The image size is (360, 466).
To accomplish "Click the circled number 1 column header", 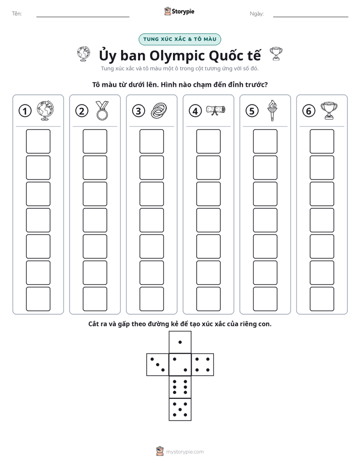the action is tap(25, 111).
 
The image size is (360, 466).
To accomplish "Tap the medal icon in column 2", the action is tap(102, 110).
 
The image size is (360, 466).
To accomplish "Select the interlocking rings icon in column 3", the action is tap(159, 111).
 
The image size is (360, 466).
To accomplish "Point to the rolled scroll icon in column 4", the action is tap(216, 110).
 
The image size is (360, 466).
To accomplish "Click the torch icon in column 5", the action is tap(272, 110).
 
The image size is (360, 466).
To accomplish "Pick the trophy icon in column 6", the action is tap(329, 111).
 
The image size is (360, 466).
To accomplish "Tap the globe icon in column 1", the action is tap(45, 110).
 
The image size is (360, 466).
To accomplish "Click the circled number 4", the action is tap(195, 111).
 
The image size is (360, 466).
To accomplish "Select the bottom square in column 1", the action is tap(38, 299).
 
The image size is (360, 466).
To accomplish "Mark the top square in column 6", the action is tap(322, 141).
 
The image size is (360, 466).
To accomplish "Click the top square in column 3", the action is tap(152, 141).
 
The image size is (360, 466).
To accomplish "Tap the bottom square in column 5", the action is tap(265, 299).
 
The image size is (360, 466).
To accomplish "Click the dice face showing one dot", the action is tap(180, 342).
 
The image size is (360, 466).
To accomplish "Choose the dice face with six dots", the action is tap(180, 387).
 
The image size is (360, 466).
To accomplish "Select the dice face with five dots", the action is tap(180, 409).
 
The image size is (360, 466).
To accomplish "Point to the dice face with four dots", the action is tap(203, 365).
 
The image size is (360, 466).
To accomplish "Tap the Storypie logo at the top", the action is tap(179, 11).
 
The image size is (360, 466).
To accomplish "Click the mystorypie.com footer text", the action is tap(185, 452).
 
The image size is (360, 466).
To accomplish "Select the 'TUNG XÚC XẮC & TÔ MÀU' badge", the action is tap(179, 39).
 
